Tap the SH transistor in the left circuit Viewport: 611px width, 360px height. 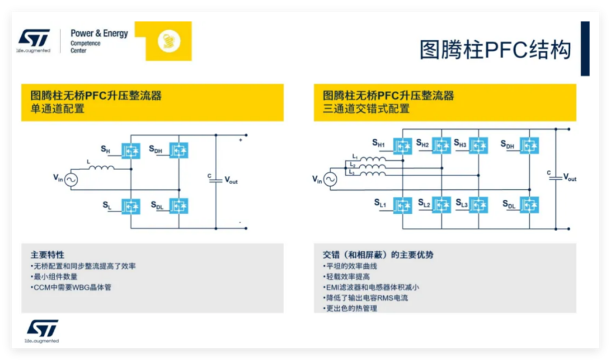[131, 150]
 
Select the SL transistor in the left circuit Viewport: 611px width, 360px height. [131, 206]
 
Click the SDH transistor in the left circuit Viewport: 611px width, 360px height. [178, 150]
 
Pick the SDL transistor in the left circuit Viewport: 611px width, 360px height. [178, 206]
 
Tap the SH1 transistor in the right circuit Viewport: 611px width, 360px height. [403, 145]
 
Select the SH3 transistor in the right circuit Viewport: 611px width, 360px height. [478, 145]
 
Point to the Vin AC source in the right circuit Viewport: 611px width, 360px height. [330, 179]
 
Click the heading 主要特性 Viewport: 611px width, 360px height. [48, 255]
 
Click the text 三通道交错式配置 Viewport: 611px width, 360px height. [366, 109]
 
